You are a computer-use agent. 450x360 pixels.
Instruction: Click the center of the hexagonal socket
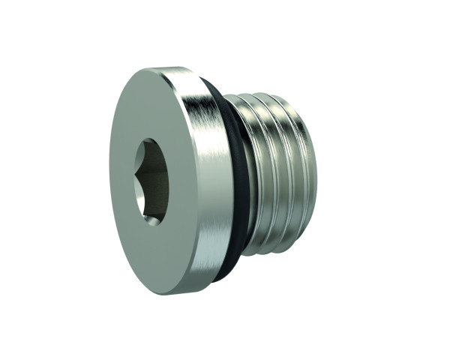point(152,181)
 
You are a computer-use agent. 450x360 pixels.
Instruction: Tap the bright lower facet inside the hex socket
point(154,210)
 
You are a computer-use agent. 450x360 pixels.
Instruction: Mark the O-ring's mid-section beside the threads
point(238,180)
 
